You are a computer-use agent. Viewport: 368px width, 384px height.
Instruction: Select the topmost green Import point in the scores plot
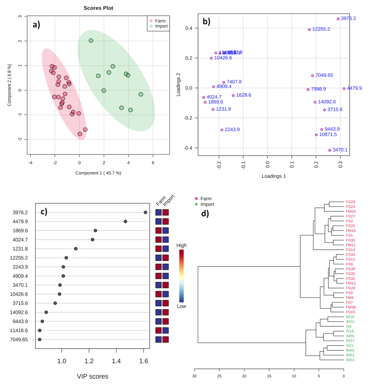91,40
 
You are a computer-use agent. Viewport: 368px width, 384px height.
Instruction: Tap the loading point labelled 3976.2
338,19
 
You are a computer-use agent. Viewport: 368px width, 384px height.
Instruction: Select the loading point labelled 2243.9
222,130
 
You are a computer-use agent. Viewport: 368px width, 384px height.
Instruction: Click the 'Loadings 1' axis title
274,176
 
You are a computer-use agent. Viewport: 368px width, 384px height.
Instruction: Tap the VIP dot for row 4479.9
125,221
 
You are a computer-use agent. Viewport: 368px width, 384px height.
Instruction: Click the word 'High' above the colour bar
181,245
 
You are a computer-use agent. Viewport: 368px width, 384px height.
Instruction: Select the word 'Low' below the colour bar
181,306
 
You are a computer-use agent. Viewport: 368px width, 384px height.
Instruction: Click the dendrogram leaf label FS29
350,202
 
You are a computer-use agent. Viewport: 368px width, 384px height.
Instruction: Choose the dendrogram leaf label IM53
350,360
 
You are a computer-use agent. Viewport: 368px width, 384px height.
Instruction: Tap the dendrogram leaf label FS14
350,250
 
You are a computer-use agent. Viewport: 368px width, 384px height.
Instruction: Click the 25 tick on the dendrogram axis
219,376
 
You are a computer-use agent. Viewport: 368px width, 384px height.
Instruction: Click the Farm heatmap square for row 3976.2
159,212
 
